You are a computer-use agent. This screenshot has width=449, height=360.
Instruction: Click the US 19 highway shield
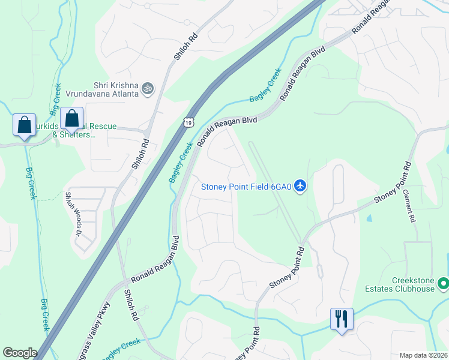[189, 121]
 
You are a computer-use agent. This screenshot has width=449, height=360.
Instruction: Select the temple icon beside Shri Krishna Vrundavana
[148, 89]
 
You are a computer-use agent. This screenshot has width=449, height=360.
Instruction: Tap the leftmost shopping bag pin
[25, 125]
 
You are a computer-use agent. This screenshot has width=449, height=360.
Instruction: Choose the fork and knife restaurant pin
[342, 319]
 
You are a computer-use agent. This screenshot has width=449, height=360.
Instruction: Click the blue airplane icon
[301, 187]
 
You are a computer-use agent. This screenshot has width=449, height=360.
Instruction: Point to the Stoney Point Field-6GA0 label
[246, 187]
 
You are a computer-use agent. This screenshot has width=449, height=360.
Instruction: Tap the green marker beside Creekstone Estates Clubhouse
[443, 282]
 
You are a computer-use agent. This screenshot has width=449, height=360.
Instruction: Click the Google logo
[20, 353]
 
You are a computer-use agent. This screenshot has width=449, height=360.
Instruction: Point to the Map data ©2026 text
[423, 355]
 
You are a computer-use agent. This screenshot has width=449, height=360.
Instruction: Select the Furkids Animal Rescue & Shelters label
[84, 131]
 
